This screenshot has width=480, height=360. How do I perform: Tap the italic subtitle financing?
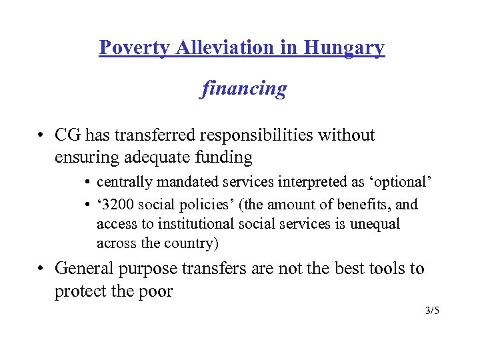tap(244, 88)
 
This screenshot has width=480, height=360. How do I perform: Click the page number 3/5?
tap(432, 311)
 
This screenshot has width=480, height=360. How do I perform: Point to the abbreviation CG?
tap(68, 135)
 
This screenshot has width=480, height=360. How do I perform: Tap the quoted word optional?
tap(403, 181)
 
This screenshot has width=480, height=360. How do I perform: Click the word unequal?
tap(372, 224)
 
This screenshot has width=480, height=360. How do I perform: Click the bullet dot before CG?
tap(41, 136)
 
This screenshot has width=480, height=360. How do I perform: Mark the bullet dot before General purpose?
tap(41, 269)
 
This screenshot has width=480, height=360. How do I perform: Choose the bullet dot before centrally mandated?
tap(88, 182)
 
